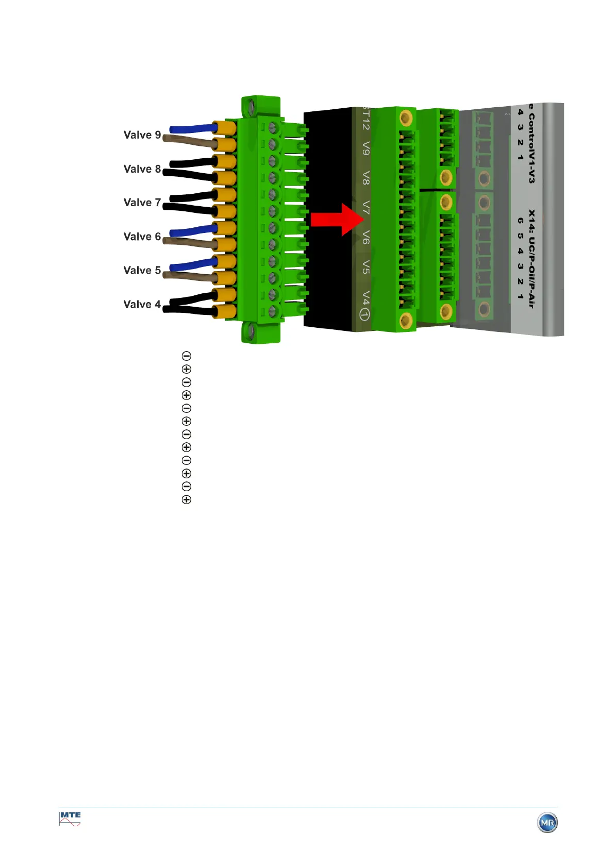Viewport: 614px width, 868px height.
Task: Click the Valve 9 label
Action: point(142,135)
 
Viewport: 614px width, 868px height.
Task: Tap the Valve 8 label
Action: point(142,169)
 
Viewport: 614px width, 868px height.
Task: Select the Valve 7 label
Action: point(142,203)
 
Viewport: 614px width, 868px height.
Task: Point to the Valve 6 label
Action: point(142,237)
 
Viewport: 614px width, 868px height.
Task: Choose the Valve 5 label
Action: point(142,271)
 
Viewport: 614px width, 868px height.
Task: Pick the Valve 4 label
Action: point(142,305)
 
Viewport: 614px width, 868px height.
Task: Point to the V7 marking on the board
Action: point(366,208)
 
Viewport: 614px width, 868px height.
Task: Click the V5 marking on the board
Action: point(366,267)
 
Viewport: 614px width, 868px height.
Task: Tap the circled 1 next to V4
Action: point(364,314)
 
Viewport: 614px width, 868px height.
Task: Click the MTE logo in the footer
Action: point(70,819)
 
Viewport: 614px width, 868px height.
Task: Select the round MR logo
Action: point(547,823)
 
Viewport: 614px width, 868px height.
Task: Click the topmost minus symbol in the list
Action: point(187,356)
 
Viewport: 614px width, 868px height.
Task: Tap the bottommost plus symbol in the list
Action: point(187,499)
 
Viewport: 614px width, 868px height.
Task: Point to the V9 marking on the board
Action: point(366,148)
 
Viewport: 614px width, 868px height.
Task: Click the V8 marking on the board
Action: point(366,178)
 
